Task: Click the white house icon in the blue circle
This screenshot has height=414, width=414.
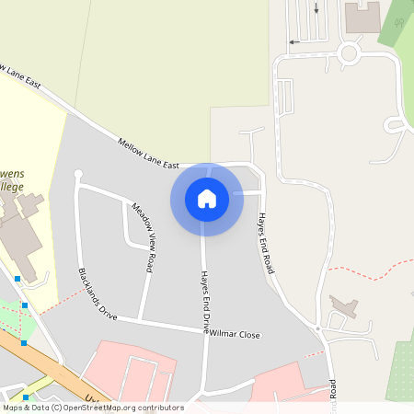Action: (x=207, y=199)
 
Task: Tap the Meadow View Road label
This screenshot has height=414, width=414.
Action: (x=143, y=236)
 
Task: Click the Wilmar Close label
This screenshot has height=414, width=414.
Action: (x=237, y=335)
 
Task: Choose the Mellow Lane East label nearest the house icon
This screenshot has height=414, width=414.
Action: (x=148, y=153)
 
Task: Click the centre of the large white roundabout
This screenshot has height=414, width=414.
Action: (x=348, y=53)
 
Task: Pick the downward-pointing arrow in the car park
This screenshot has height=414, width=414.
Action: (x=316, y=8)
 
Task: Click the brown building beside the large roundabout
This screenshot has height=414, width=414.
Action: (x=362, y=17)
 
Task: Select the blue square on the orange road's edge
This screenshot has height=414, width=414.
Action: (x=24, y=342)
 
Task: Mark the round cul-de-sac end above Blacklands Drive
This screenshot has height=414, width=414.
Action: (x=78, y=173)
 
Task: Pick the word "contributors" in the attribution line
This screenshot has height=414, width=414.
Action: (x=158, y=408)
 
